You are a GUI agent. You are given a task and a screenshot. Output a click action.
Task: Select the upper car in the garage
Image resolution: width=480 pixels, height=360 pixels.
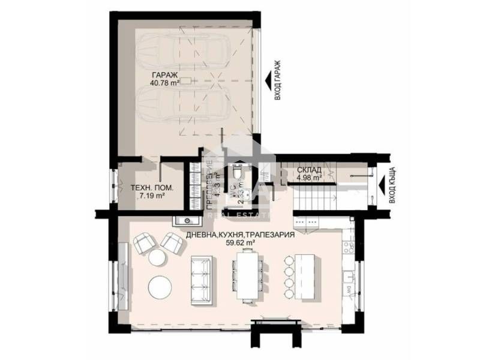(x=184, y=53)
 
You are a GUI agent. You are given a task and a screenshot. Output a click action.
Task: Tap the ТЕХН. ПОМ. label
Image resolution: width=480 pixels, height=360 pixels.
(x=152, y=187)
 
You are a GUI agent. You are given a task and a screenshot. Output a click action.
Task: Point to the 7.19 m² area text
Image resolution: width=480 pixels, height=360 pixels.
(x=151, y=196)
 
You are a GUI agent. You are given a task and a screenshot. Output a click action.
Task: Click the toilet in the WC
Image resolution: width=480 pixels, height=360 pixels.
(x=238, y=173)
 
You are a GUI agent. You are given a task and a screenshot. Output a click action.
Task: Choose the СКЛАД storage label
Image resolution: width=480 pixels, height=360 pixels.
(x=309, y=170)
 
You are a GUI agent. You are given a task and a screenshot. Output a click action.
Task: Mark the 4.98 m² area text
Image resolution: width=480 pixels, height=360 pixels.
(x=310, y=178)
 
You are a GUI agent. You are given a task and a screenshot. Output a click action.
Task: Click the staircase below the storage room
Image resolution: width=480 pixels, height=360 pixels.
(x=316, y=197)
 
